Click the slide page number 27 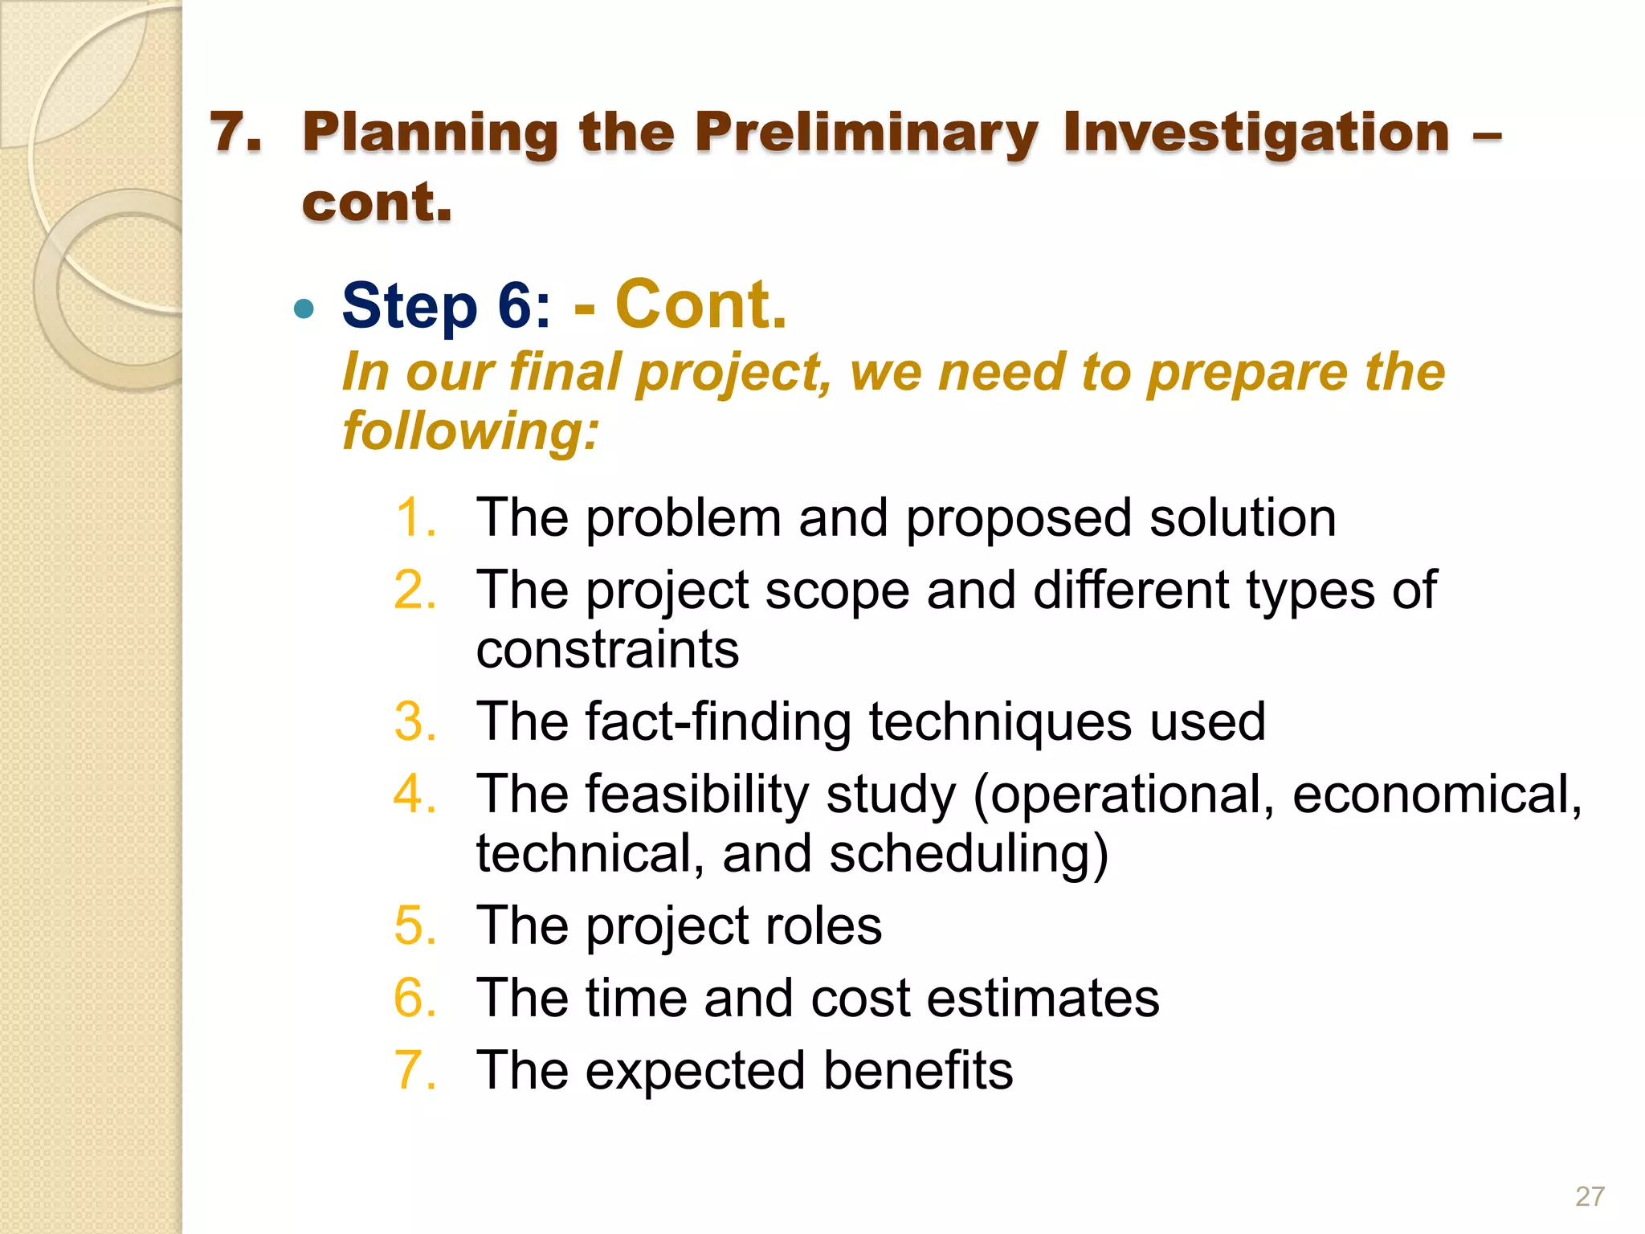tap(1590, 1196)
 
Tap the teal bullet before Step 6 tap(304, 308)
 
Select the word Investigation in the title tap(1256, 133)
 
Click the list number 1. tap(415, 517)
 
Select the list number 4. tap(415, 794)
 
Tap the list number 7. tap(415, 1070)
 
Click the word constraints tap(607, 649)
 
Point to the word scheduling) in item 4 tap(968, 853)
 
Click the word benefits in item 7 tap(917, 1070)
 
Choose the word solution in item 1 tap(1243, 517)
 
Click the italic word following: tap(471, 431)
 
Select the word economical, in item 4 tap(1436, 794)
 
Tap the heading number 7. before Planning tap(235, 133)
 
